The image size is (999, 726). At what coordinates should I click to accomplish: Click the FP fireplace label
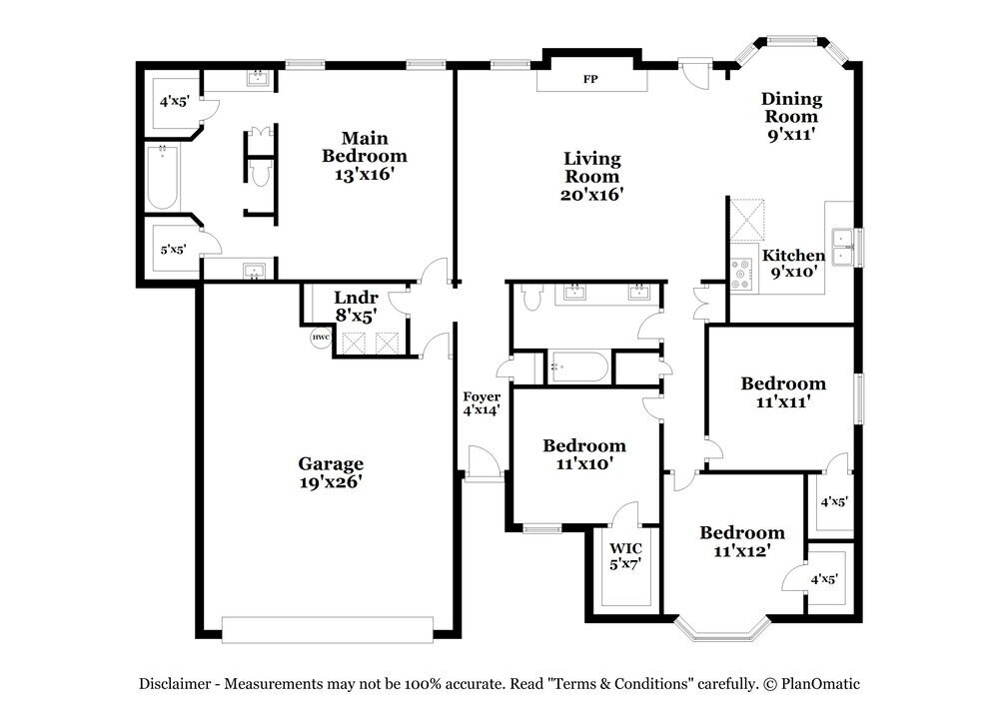point(590,79)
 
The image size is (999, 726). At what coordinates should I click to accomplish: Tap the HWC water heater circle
point(321,338)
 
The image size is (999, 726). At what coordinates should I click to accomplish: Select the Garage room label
point(331,471)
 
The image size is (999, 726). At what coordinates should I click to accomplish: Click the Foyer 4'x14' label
point(482,403)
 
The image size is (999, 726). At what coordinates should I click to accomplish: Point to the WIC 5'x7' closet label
point(625,556)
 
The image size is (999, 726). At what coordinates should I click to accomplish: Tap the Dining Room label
point(791,116)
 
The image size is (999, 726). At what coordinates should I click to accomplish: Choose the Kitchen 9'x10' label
point(794,263)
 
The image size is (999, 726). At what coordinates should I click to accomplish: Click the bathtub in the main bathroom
point(162,178)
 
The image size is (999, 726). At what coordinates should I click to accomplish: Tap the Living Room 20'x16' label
point(592,176)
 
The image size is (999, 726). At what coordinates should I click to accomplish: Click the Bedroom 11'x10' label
point(584,454)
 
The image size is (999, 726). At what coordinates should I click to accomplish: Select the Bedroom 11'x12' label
point(741,541)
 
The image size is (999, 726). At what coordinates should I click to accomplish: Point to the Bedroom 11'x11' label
point(783,392)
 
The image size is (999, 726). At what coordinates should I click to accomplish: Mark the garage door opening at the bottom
point(327,630)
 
